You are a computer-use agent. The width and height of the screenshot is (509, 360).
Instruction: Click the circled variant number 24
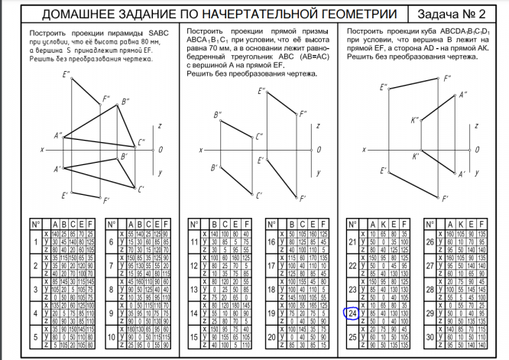click(x=352, y=313)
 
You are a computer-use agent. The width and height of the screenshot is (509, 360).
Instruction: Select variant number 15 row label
click(x=193, y=336)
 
